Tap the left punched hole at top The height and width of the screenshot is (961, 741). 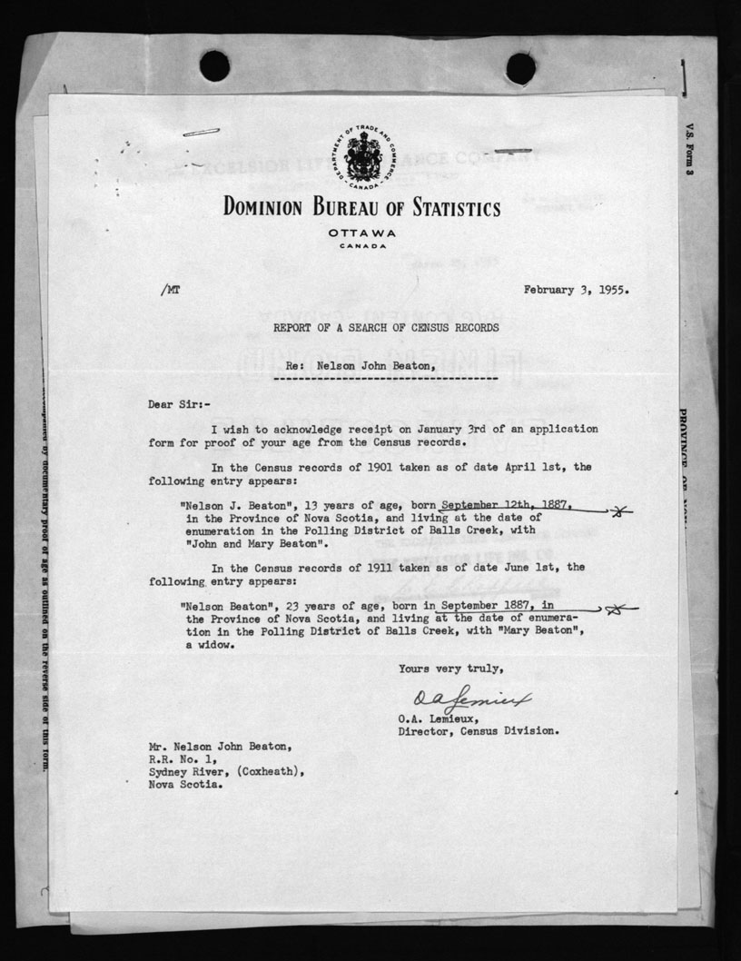pyautogui.click(x=214, y=66)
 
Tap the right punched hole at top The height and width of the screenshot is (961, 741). pyautogui.click(x=520, y=68)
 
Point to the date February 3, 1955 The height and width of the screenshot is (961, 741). pyautogui.click(x=576, y=291)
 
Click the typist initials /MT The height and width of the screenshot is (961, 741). pyautogui.click(x=169, y=291)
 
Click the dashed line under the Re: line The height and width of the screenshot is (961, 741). pyautogui.click(x=386, y=377)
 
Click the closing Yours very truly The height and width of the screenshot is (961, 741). pyautogui.click(x=449, y=669)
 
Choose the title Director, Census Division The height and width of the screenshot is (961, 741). pyautogui.click(x=479, y=730)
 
